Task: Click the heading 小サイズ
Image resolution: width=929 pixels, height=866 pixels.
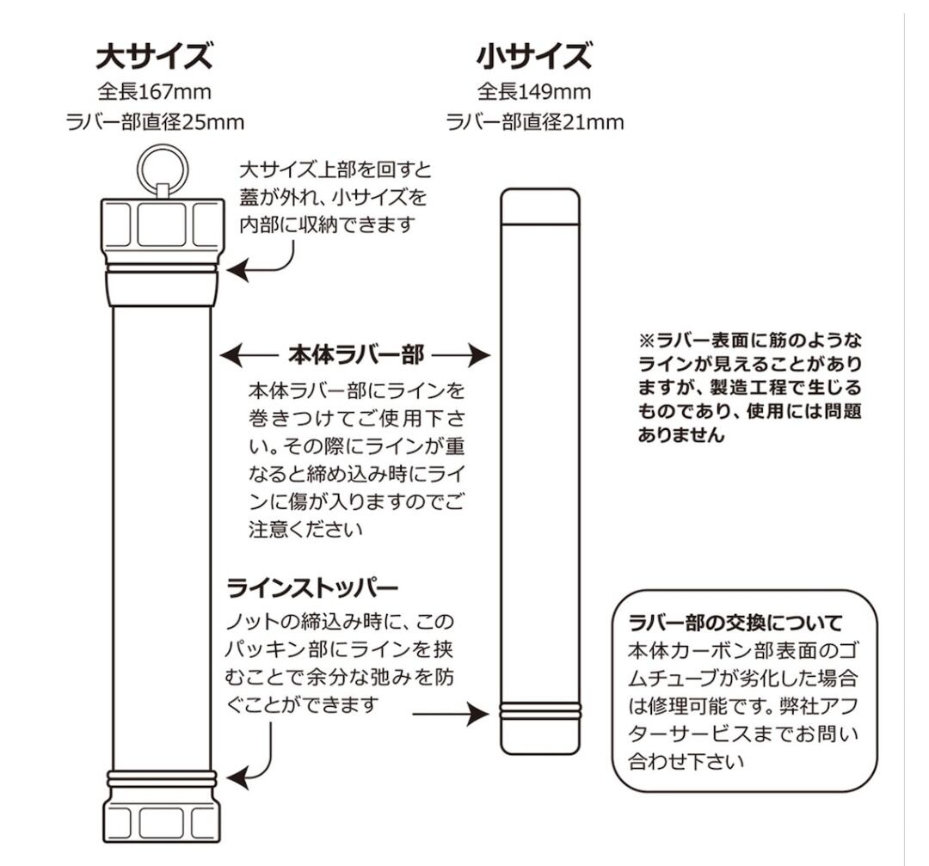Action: click(x=534, y=57)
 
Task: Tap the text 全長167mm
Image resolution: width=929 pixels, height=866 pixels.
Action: click(x=155, y=91)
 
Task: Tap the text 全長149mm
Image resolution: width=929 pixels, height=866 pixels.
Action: click(x=534, y=91)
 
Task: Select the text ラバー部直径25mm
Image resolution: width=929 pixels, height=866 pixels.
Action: click(x=155, y=122)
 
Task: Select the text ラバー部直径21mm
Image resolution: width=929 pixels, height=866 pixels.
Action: click(x=534, y=122)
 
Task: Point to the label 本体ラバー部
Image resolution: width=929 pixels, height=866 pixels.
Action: click(x=354, y=354)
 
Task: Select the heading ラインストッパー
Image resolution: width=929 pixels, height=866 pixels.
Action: click(x=312, y=589)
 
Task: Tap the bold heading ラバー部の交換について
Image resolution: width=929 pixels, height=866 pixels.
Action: click(x=735, y=621)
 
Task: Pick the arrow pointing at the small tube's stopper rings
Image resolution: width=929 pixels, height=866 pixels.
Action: click(x=451, y=713)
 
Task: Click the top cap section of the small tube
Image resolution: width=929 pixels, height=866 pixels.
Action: click(x=539, y=207)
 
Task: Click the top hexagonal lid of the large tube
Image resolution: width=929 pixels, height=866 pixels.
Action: click(x=162, y=222)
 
